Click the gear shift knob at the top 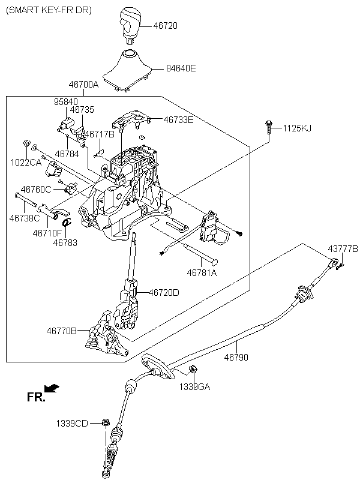[x=130, y=26]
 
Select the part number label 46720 [x=165, y=25]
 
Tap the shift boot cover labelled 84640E [x=127, y=71]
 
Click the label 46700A [x=83, y=85]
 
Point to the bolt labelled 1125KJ [x=268, y=127]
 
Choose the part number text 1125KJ [x=297, y=128]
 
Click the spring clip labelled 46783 [x=67, y=222]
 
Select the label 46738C [x=25, y=218]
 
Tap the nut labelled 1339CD [x=106, y=422]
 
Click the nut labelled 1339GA [x=193, y=369]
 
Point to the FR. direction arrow [x=52, y=388]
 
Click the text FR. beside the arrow [x=36, y=397]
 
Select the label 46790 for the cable [x=236, y=357]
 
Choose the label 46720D [x=164, y=292]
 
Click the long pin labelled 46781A [x=200, y=253]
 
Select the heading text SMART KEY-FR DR [x=49, y=10]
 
